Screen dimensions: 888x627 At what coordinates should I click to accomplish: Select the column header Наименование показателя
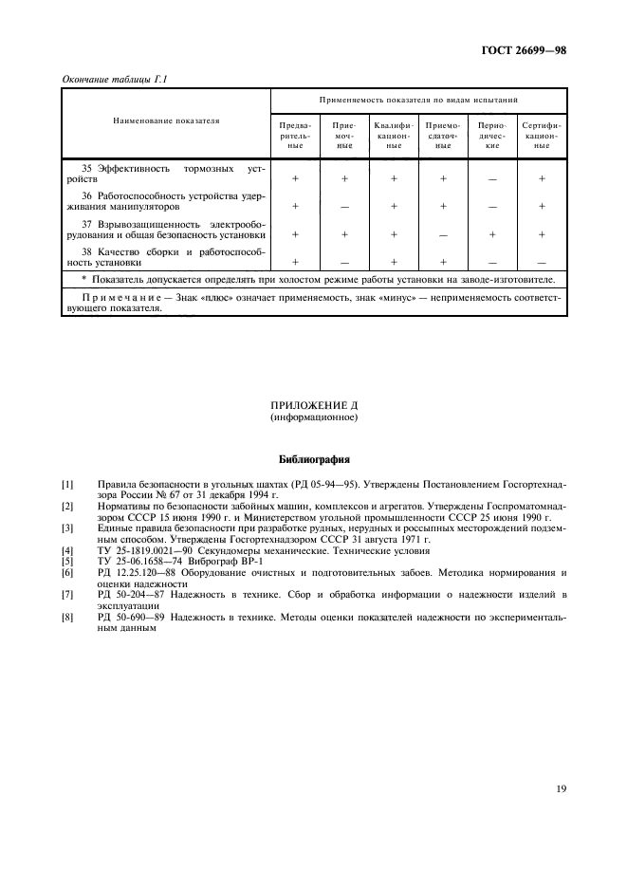165,121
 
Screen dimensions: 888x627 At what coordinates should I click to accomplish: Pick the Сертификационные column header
541,136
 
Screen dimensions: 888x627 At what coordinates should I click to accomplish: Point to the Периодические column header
491,136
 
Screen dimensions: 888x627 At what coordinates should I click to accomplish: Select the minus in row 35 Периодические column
491,178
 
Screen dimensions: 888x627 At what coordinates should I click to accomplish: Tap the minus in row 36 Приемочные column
344,206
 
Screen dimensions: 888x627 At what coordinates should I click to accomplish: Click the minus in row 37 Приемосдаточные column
443,233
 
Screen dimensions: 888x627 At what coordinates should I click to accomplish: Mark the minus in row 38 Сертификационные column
541,262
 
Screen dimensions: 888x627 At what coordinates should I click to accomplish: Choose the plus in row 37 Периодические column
491,233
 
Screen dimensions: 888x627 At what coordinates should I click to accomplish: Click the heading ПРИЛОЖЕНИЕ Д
312,405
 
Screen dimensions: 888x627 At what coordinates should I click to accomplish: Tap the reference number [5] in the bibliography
67,562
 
